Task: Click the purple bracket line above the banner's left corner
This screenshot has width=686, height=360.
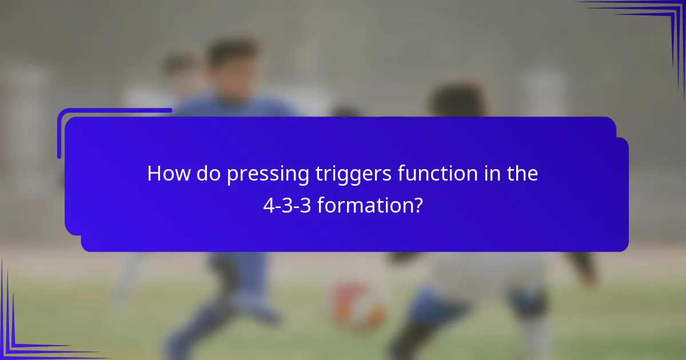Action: tap(114, 110)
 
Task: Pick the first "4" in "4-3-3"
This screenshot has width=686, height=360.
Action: tap(268, 205)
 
